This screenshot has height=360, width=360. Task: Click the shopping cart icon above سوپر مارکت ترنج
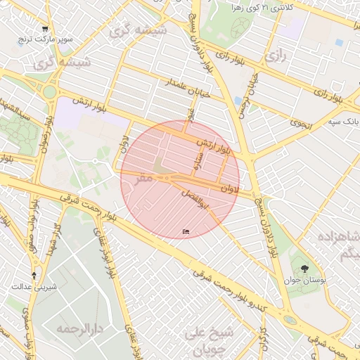click(x=45, y=29)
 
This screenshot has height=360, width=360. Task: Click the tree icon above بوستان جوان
click(x=304, y=269)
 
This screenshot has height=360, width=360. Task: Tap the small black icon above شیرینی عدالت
click(x=34, y=274)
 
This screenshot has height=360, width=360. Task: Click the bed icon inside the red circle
click(x=186, y=231)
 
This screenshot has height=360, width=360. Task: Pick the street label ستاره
click(x=198, y=169)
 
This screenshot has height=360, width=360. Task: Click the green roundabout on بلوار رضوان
click(x=49, y=91)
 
